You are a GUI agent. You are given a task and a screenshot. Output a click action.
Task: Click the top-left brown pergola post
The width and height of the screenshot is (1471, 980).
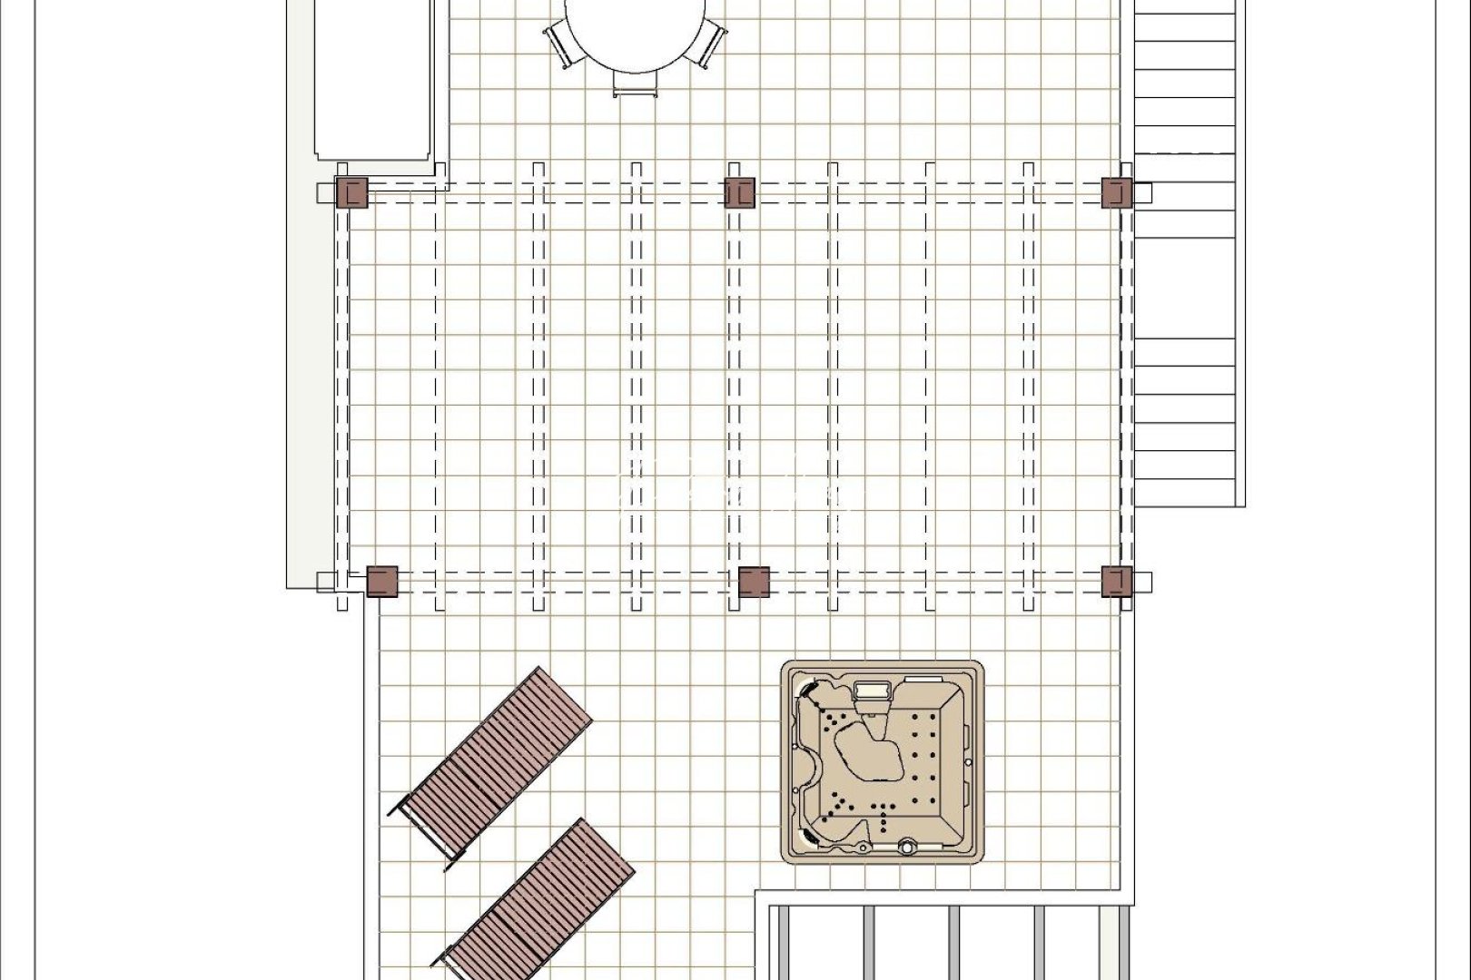[x=351, y=193]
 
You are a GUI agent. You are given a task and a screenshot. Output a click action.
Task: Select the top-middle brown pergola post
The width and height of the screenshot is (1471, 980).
[x=740, y=193]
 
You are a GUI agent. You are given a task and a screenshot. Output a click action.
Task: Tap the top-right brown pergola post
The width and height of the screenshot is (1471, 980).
[x=1116, y=193]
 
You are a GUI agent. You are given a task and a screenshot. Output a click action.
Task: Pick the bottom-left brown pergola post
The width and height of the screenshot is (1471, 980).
[x=381, y=582]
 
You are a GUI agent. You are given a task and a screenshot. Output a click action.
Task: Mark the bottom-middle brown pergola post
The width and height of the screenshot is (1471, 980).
[x=754, y=582]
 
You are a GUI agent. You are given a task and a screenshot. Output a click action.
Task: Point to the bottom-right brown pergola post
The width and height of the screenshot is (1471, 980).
[x=1117, y=582]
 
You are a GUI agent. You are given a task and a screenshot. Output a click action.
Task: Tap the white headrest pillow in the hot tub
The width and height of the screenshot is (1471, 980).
[x=874, y=691]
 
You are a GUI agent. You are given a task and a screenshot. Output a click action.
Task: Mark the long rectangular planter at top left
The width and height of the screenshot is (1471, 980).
[x=371, y=82]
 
